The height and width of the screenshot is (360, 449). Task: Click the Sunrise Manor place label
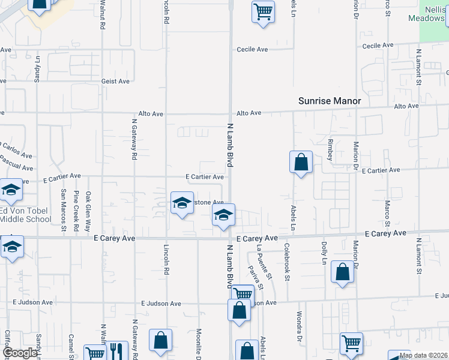pyautogui.click(x=330, y=101)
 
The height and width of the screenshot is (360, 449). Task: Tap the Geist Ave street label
pyautogui.click(x=116, y=81)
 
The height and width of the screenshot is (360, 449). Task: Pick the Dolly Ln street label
pyautogui.click(x=324, y=253)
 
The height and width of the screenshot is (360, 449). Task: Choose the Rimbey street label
pyautogui.click(x=330, y=150)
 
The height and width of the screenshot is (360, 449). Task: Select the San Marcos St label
pyautogui.click(x=63, y=210)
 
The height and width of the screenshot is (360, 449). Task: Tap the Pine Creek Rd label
pyautogui.click(x=76, y=212)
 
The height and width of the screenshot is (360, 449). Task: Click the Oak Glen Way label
pyautogui.click(x=88, y=212)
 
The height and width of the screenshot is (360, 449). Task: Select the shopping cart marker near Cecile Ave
pyautogui.click(x=263, y=11)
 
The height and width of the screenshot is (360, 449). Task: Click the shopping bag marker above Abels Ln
pyautogui.click(x=301, y=163)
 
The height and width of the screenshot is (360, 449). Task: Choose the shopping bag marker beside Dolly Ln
pyautogui.click(x=342, y=272)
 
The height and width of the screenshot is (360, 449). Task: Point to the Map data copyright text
pyautogui.click(x=423, y=355)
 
